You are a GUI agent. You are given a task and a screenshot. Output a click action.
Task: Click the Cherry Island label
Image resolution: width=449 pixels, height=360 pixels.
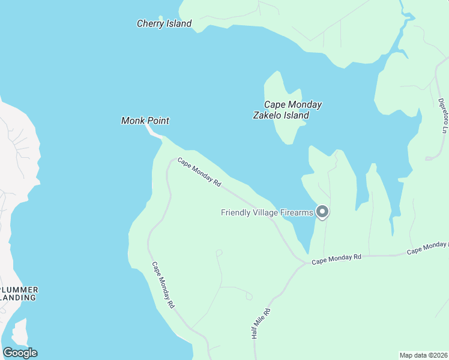click(x=164, y=24)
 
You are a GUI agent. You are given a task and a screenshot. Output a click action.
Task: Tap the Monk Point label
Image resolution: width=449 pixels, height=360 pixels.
click(x=145, y=121)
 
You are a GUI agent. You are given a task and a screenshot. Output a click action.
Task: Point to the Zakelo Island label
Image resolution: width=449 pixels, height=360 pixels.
click(x=281, y=116)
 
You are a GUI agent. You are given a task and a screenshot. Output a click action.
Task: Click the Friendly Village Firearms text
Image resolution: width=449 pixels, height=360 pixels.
click(x=267, y=212)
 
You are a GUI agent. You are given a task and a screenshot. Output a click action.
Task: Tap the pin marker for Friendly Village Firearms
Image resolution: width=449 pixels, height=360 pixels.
click(x=322, y=211)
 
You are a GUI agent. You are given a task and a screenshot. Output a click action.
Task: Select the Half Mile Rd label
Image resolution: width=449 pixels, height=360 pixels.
click(x=262, y=325)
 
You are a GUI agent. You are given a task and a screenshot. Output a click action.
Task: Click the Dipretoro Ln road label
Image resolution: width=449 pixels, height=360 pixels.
click(x=443, y=115)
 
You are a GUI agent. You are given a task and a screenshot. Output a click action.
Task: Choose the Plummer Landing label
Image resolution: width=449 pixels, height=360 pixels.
click(x=19, y=293)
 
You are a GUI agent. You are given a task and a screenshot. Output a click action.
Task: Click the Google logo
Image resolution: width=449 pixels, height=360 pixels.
click(x=20, y=353)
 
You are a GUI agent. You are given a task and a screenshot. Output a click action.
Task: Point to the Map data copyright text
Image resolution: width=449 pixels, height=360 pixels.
click(x=424, y=355)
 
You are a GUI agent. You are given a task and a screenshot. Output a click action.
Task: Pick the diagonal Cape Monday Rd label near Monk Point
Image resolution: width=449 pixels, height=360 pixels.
click(x=199, y=173)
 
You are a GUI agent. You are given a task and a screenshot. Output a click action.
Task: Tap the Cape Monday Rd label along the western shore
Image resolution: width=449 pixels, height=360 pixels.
click(x=163, y=285)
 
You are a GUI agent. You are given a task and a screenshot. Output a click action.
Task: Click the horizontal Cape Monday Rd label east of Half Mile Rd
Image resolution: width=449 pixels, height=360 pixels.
click(x=336, y=258)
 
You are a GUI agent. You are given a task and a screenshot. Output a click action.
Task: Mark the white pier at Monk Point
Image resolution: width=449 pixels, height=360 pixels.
click(x=154, y=133)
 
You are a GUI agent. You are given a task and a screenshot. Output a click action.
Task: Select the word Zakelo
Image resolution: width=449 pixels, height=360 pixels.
click(x=267, y=116)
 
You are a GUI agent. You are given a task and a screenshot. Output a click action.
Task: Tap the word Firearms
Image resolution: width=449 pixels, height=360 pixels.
click(x=295, y=212)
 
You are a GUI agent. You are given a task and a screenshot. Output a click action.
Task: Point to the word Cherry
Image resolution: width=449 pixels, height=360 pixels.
click(x=150, y=24)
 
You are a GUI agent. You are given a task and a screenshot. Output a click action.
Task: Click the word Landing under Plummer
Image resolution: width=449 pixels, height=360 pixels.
click(x=19, y=297)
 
